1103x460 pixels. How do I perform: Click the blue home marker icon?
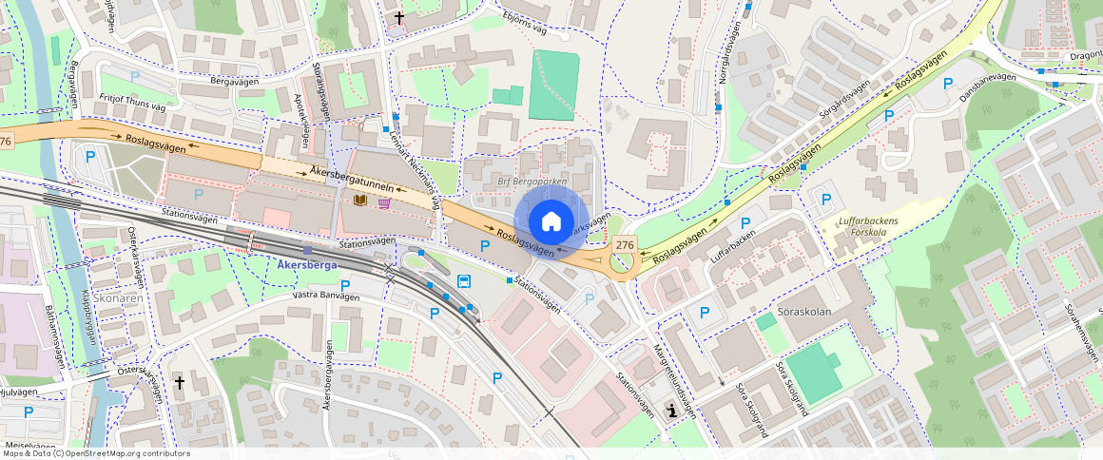pyautogui.click(x=551, y=221)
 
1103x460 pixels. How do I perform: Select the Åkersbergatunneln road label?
pyautogui.click(x=351, y=179)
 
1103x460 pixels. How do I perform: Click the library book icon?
pyautogui.click(x=360, y=201)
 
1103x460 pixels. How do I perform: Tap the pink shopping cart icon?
pyautogui.click(x=384, y=201)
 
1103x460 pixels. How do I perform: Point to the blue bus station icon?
pyautogui.click(x=464, y=280)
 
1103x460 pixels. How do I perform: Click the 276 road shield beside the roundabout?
pyautogui.click(x=624, y=245)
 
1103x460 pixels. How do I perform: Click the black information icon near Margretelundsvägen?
pyautogui.click(x=673, y=411)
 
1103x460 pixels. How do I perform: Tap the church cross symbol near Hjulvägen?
pyautogui.click(x=179, y=382)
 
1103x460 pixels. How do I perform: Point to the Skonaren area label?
pyautogui.click(x=119, y=298)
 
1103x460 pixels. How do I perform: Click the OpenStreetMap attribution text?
pyautogui.click(x=95, y=453)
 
